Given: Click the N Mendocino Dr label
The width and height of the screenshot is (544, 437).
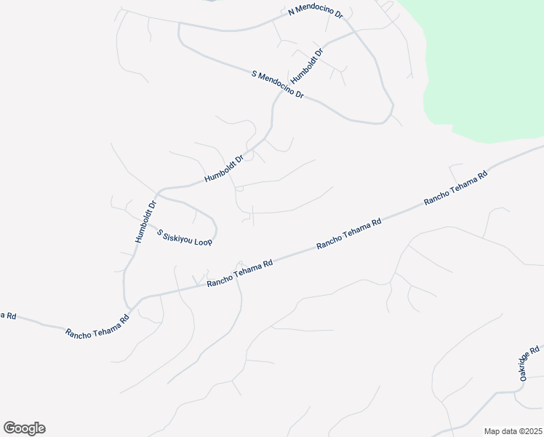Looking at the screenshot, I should pos(315,12).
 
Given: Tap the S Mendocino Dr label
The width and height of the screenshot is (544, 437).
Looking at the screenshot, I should pos(276,84).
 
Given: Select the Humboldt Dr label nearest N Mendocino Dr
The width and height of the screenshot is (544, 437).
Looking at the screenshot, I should pos(305,66).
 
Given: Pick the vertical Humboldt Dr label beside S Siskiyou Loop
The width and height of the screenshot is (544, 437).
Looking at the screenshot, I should pos(145,221).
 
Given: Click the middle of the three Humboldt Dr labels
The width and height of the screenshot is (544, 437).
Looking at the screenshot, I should pos(223,168).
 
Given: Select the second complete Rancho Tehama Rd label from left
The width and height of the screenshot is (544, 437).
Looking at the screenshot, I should pos(239,273).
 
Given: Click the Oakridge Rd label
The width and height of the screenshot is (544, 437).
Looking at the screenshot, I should pos(529,362).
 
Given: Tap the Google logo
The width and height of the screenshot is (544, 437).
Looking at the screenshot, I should pos(24,428).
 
